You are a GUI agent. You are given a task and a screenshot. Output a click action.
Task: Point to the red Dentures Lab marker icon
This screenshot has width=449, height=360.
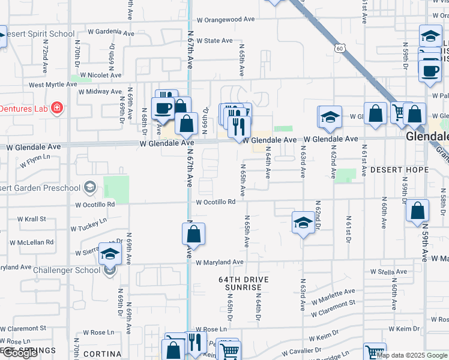57,109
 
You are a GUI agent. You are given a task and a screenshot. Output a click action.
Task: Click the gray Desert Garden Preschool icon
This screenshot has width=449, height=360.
90,188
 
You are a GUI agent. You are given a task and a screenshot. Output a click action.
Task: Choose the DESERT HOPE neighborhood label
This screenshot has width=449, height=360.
399,170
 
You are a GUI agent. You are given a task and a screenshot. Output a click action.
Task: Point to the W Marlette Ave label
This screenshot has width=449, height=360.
333,295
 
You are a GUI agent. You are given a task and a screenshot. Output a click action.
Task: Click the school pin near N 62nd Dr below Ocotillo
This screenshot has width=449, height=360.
303,223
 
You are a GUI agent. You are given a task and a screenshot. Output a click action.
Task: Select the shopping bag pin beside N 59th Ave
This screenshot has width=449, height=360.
417,211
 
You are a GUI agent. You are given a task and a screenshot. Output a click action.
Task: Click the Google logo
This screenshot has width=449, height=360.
20,353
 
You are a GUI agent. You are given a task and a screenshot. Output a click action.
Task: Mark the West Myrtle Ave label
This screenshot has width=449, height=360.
53,85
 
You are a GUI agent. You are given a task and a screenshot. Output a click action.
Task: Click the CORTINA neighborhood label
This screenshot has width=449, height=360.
98,354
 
